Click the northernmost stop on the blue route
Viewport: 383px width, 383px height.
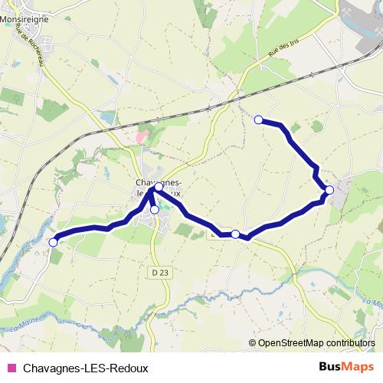[259, 119]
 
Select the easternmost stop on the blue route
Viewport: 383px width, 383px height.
[329, 189]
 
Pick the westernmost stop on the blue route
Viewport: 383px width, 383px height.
[53, 242]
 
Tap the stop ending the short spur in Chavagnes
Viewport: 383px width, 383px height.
[154, 209]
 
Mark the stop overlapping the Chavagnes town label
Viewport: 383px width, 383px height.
[159, 187]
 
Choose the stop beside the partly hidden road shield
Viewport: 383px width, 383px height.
[235, 234]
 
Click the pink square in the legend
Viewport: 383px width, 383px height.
[11, 368]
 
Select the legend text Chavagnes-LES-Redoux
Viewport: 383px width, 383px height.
[85, 368]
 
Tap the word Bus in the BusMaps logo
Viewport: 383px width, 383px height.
[330, 367]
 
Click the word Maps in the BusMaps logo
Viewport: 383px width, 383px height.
[358, 367]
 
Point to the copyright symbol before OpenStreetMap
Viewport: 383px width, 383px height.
[254, 343]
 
